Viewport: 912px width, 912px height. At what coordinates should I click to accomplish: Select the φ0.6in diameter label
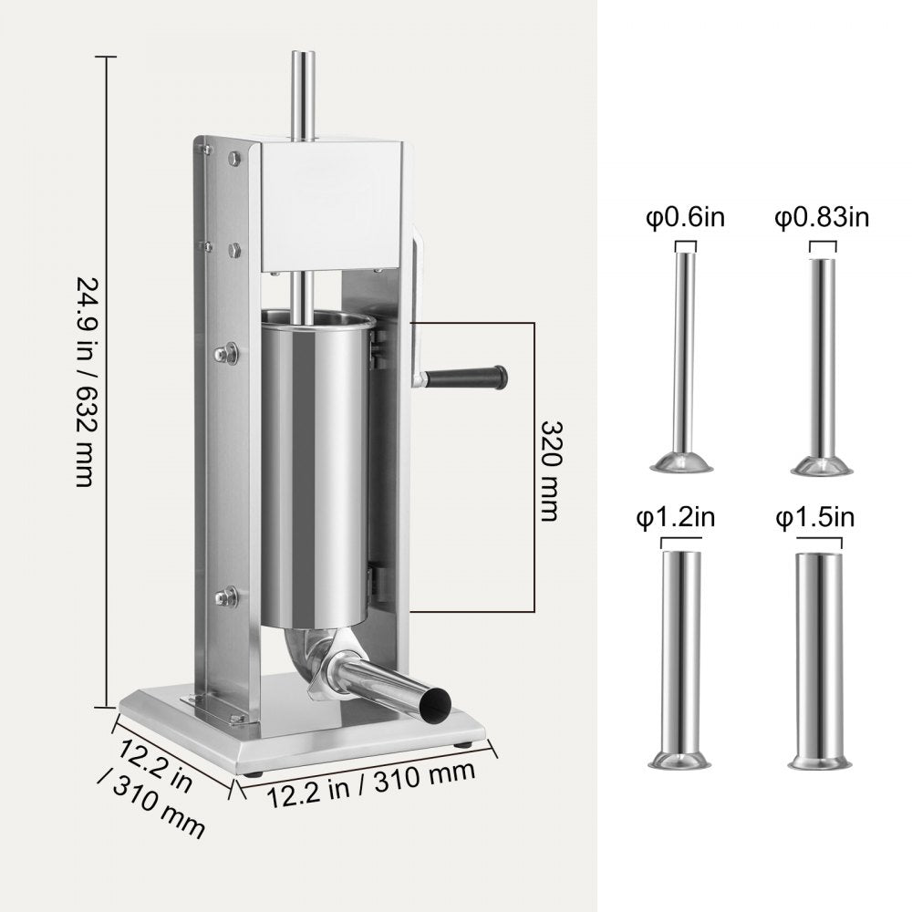685,220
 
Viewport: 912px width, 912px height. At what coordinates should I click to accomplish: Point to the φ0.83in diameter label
823,219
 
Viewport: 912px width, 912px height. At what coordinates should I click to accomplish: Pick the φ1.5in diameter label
815,518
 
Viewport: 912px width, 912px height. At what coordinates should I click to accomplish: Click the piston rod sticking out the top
302,91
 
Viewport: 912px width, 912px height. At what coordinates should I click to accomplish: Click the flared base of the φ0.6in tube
682,464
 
